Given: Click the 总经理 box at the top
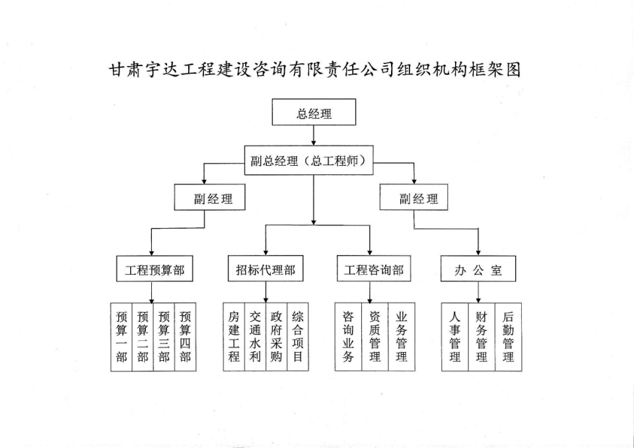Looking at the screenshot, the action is (x=314, y=112).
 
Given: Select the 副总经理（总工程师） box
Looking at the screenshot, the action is (x=308, y=161).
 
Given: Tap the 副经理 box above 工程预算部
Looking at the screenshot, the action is (x=209, y=197).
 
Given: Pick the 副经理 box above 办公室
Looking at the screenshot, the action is (x=413, y=197).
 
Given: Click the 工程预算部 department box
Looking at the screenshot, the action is (x=155, y=269).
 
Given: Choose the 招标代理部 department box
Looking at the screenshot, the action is (x=265, y=269).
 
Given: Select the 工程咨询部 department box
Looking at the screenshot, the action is (x=374, y=269).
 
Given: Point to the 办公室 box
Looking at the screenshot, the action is (x=478, y=269).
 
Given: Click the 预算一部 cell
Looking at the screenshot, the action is (x=122, y=337).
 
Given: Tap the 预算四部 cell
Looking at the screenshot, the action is (x=185, y=337).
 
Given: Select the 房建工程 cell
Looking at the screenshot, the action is (x=234, y=337).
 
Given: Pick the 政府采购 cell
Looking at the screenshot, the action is (x=276, y=337).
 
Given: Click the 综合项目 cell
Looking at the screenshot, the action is (x=298, y=337).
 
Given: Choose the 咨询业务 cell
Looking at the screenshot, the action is (x=348, y=337).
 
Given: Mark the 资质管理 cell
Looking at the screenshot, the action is (x=375, y=337).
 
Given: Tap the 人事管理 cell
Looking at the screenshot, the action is (x=455, y=337).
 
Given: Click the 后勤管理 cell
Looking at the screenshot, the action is (x=509, y=337).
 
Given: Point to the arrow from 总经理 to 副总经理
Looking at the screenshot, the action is (x=314, y=135).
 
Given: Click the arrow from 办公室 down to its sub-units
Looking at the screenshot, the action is (x=478, y=292).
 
